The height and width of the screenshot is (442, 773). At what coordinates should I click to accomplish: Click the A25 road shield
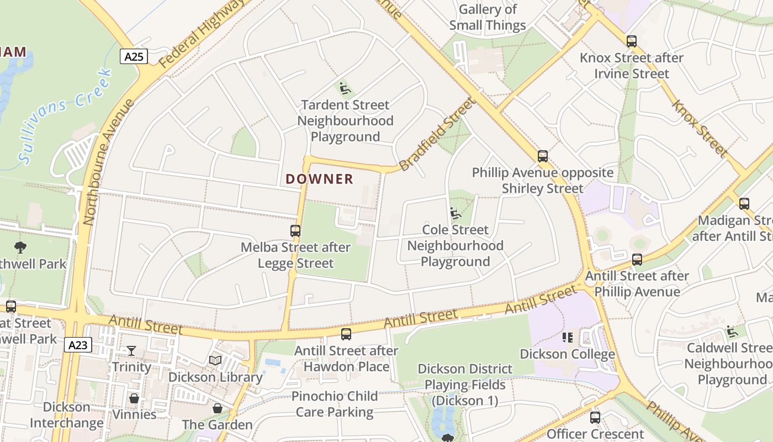coord(134,56)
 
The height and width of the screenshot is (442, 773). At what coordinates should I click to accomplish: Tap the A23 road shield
coord(78,345)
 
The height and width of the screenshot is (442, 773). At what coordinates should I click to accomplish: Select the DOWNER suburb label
coord(320,179)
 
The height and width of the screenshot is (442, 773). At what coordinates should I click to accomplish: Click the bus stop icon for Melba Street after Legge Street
coord(295,231)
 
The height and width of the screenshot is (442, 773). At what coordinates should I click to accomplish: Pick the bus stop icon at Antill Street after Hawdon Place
coord(346,334)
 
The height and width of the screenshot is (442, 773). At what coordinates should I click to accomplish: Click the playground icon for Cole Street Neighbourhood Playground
coord(456,213)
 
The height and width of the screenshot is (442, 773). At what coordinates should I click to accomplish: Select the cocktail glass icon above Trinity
coord(131,351)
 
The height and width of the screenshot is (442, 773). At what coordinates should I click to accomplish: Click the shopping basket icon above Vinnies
coord(134,398)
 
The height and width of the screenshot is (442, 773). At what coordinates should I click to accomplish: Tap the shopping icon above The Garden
coord(218,409)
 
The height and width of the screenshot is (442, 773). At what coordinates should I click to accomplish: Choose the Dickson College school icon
coord(568,337)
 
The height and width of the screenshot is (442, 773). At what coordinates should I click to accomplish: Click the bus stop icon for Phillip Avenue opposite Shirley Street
coord(543,156)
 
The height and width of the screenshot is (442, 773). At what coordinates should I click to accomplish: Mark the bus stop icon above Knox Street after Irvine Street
coord(632,41)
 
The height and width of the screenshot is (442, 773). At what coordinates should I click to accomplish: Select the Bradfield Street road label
coord(436,134)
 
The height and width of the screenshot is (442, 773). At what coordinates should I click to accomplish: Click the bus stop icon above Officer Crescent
coord(595,418)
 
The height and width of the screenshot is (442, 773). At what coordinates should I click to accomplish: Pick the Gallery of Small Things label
coord(488,17)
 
